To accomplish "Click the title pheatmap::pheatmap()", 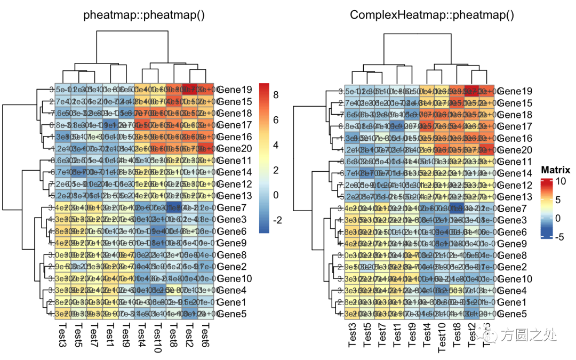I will tap(144, 15).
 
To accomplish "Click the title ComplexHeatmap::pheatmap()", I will tap(432, 15).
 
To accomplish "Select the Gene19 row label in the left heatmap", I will tap(231, 90).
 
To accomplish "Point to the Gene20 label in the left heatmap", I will tap(231, 148).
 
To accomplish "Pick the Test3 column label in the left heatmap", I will tap(62, 336).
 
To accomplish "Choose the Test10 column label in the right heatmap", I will tap(442, 339).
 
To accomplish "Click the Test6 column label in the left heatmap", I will tap(204, 336).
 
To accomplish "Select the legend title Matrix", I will tap(555, 170).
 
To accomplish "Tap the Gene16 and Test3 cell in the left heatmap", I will tap(62, 137).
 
